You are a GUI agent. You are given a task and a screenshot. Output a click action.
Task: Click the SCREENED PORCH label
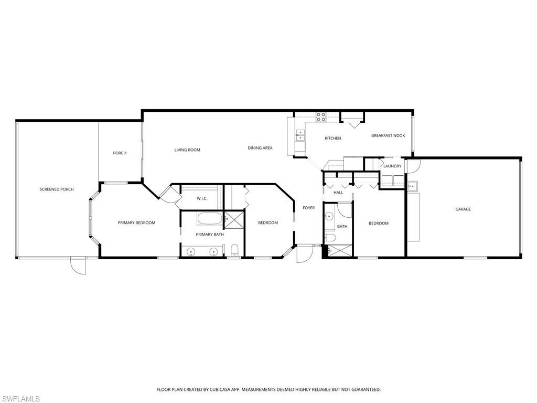[57, 189]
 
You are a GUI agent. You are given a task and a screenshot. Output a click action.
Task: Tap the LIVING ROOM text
[187, 150]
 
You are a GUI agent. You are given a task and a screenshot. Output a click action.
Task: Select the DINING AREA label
[260, 148]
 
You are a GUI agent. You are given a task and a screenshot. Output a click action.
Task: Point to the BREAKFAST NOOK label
[388, 135]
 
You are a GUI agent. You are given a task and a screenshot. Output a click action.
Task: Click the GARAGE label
[463, 209]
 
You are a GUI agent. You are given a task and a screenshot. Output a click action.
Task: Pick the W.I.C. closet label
[202, 199]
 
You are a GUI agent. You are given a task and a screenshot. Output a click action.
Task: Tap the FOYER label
[309, 208]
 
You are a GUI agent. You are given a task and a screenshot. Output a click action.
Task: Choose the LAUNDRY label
[392, 166]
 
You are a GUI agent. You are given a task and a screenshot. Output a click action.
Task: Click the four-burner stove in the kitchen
[321, 117]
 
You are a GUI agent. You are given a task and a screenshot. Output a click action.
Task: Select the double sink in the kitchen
[300, 135]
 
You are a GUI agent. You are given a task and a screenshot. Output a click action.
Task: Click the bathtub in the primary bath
[210, 218]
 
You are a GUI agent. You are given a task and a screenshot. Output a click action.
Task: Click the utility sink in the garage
[413, 186]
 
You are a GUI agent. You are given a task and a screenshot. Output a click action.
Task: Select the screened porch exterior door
[78, 266]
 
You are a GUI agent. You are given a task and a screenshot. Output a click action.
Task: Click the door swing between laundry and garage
[413, 166]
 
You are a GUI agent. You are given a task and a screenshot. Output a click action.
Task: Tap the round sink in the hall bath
[329, 216]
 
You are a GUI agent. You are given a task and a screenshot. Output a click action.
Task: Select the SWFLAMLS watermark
[20, 399]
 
